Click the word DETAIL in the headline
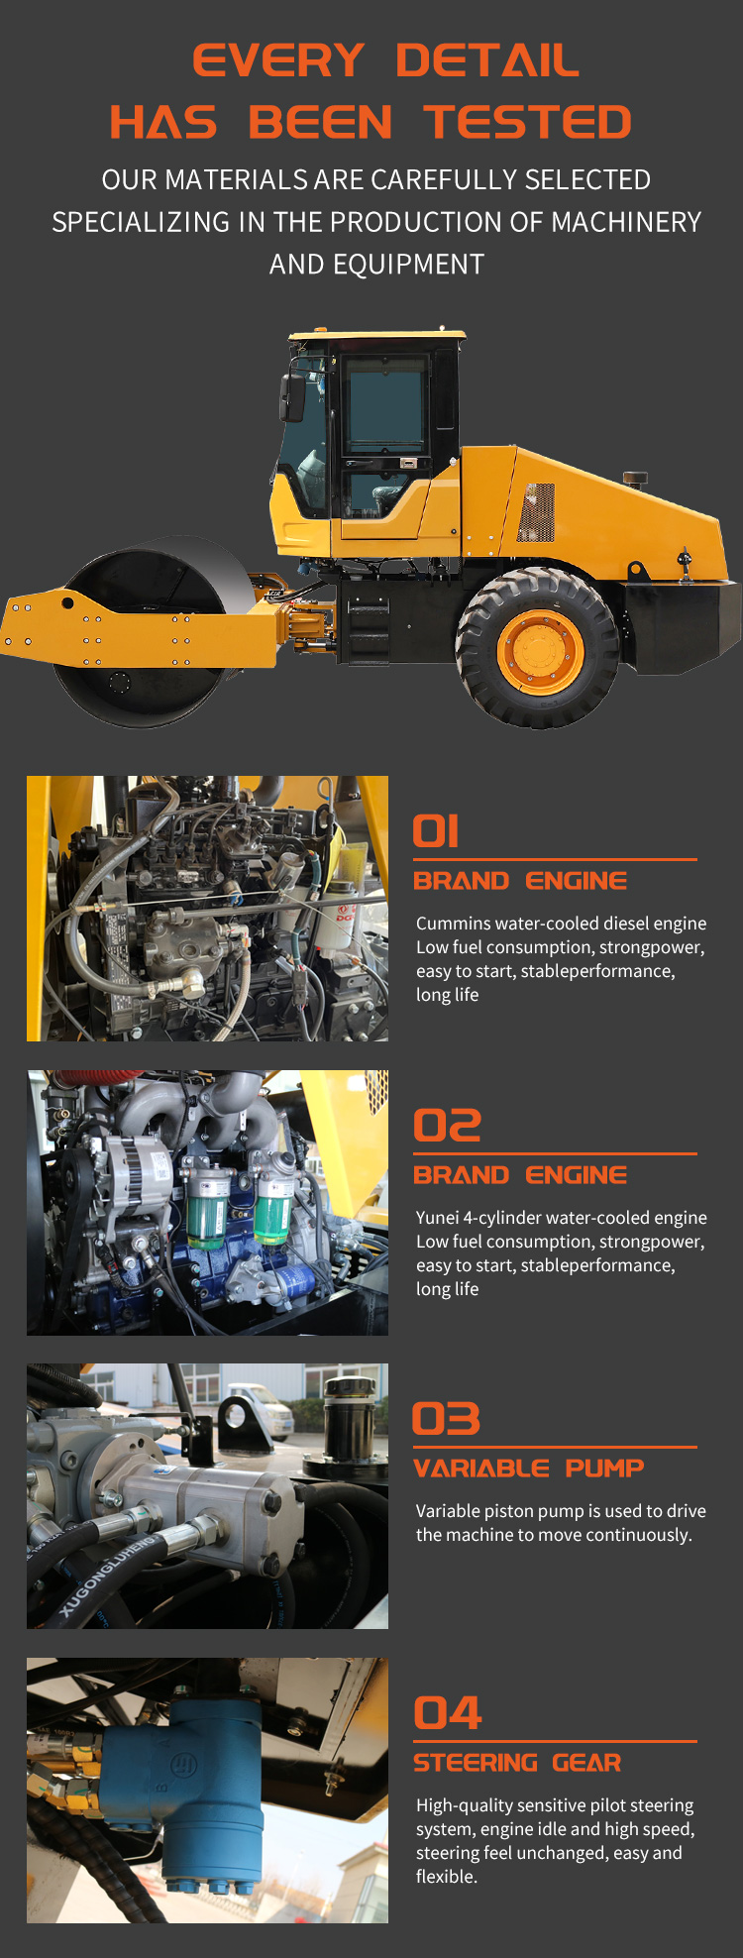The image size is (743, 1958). point(487,60)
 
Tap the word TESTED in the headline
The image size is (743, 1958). point(528,123)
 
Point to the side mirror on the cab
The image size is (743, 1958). point(293,396)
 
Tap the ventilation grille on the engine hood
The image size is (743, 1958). point(537,512)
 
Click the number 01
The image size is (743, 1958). point(436,831)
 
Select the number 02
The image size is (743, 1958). point(447,1125)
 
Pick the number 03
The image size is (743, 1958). point(447,1418)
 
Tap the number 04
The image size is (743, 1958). point(448,1712)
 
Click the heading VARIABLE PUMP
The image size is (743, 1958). point(529,1468)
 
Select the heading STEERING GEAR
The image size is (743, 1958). point(517,1763)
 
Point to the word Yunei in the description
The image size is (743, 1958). point(437,1218)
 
